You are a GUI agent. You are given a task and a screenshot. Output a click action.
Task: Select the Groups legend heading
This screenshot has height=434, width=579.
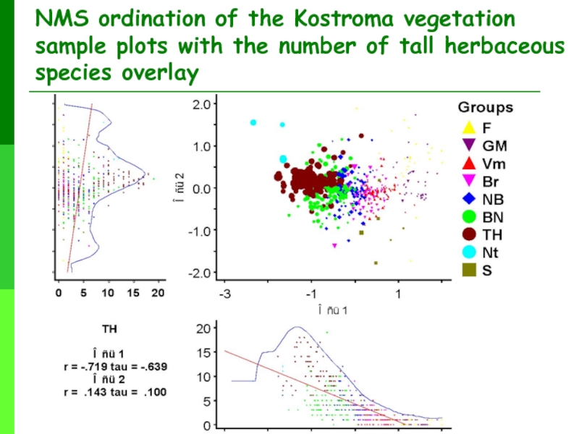485,108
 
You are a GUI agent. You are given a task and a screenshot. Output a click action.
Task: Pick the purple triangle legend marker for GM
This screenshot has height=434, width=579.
468,144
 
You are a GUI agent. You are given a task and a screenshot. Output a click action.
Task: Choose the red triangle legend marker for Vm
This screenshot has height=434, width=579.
468,162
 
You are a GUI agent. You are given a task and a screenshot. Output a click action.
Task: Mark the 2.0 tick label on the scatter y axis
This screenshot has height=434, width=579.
200,104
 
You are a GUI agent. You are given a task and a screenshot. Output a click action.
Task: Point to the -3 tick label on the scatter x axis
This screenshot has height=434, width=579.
224,296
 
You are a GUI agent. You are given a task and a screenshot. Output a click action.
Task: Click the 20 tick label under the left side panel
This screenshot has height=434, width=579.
158,294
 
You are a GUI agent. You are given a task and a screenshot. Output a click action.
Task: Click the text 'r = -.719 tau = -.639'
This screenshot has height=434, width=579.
114,367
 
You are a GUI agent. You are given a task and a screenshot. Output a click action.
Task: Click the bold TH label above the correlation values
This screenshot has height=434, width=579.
109,329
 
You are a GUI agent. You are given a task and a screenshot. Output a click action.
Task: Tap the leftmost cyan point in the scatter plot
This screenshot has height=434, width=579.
253,122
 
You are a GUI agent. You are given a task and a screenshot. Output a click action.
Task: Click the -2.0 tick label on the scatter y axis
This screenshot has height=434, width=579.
198,273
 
